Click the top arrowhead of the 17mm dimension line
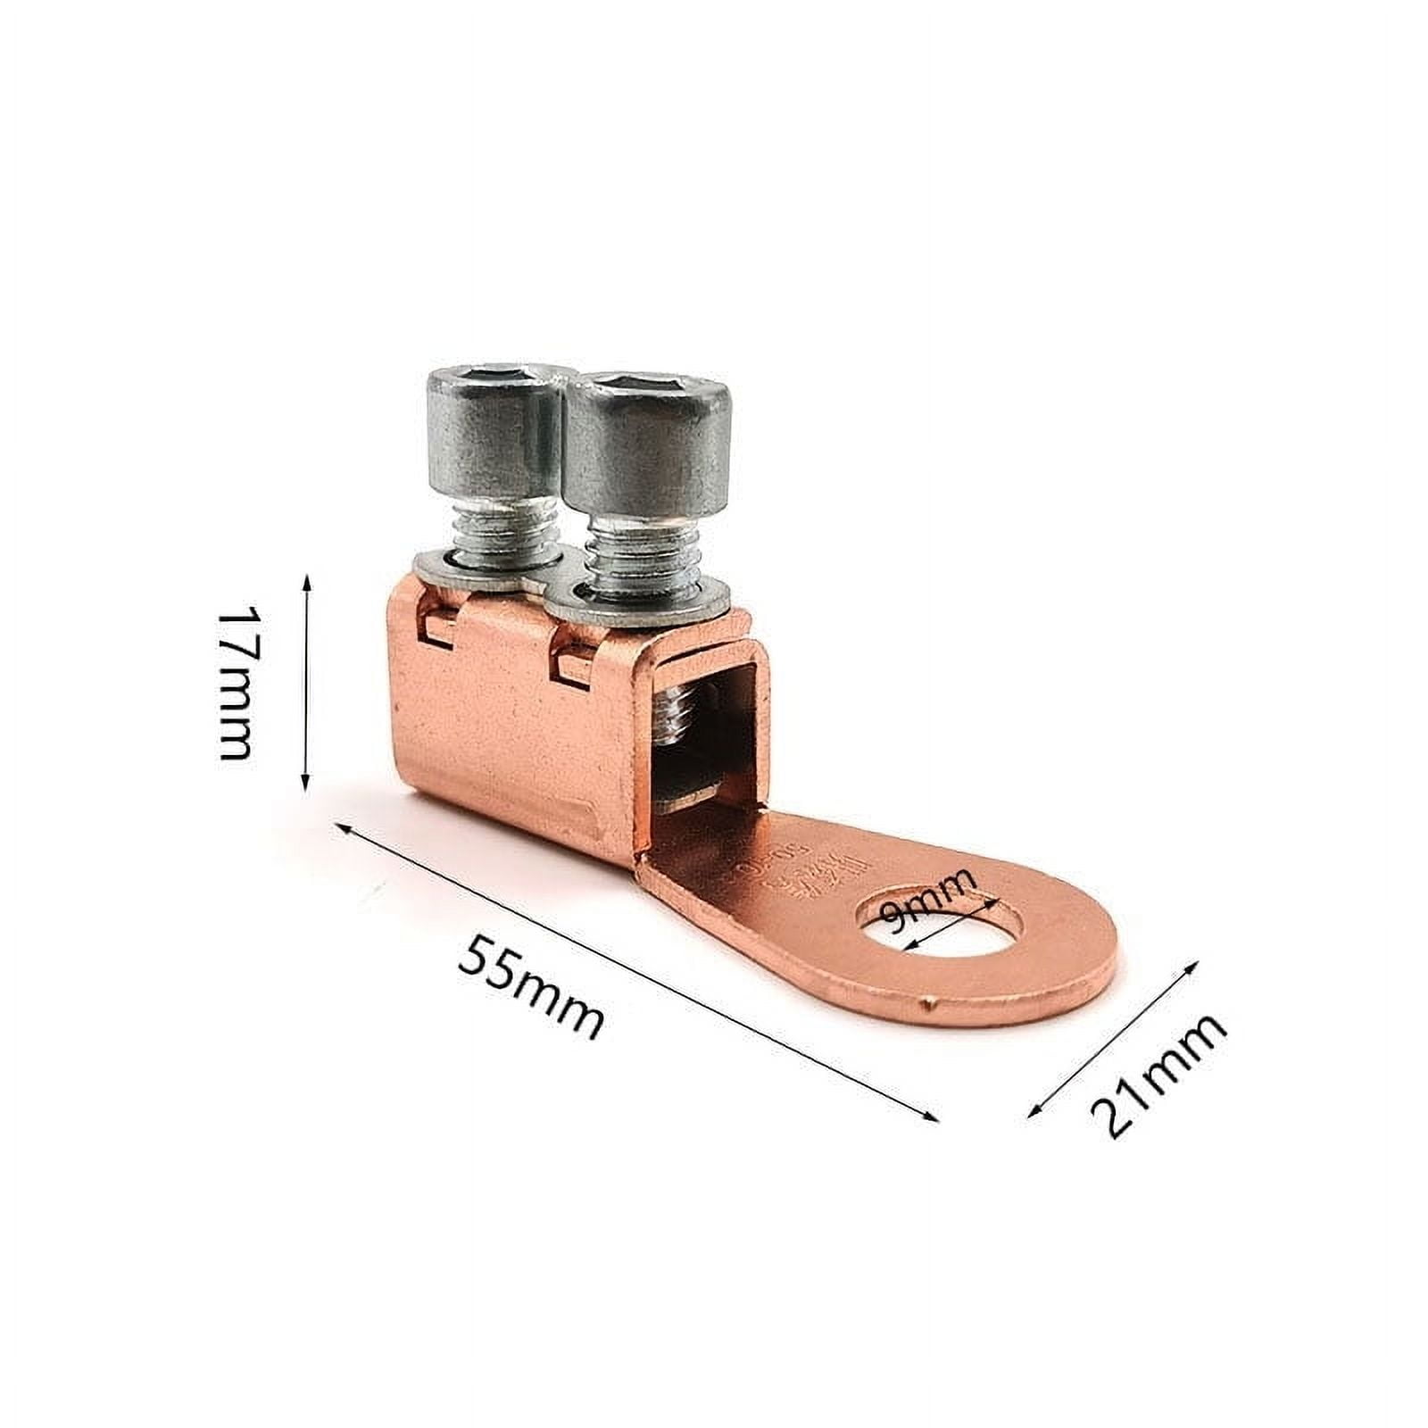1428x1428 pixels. tap(307, 581)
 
